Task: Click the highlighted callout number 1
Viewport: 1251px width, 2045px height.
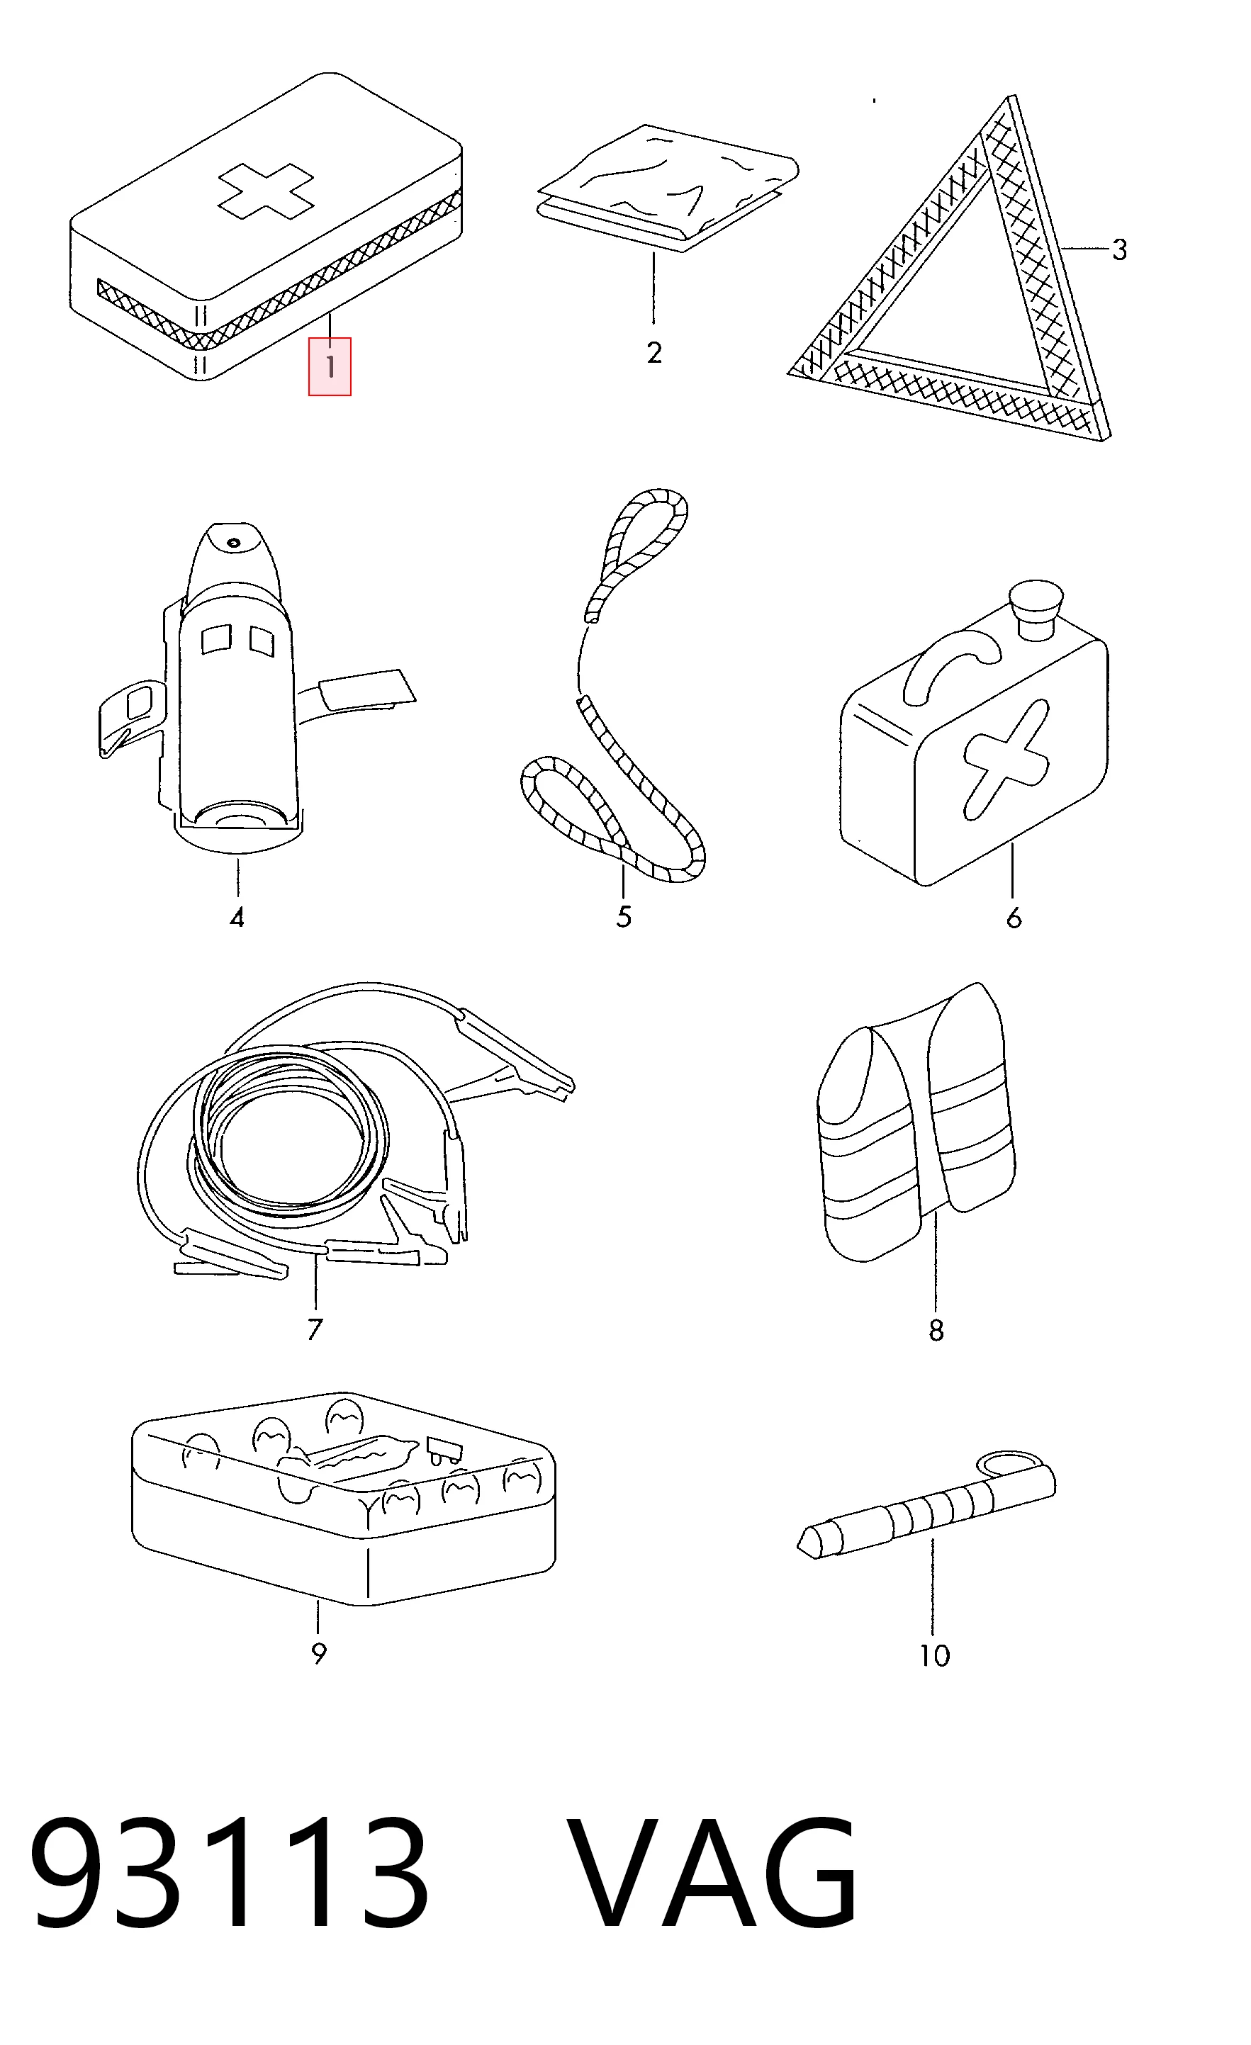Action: [x=330, y=366]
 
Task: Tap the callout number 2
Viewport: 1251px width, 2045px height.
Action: [x=654, y=353]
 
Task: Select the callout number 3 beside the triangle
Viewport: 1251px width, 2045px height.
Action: [x=1119, y=249]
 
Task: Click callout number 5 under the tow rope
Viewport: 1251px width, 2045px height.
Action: [x=624, y=916]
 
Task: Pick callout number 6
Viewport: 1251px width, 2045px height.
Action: [x=1014, y=918]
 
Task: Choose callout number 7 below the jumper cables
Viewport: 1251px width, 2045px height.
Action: [x=315, y=1329]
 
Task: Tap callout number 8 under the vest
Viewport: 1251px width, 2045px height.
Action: [x=936, y=1331]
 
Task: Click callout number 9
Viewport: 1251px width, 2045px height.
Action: [x=319, y=1653]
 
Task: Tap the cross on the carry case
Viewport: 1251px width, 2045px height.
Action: [x=1004, y=759]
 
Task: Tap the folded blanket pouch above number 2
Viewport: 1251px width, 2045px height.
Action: [x=668, y=188]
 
